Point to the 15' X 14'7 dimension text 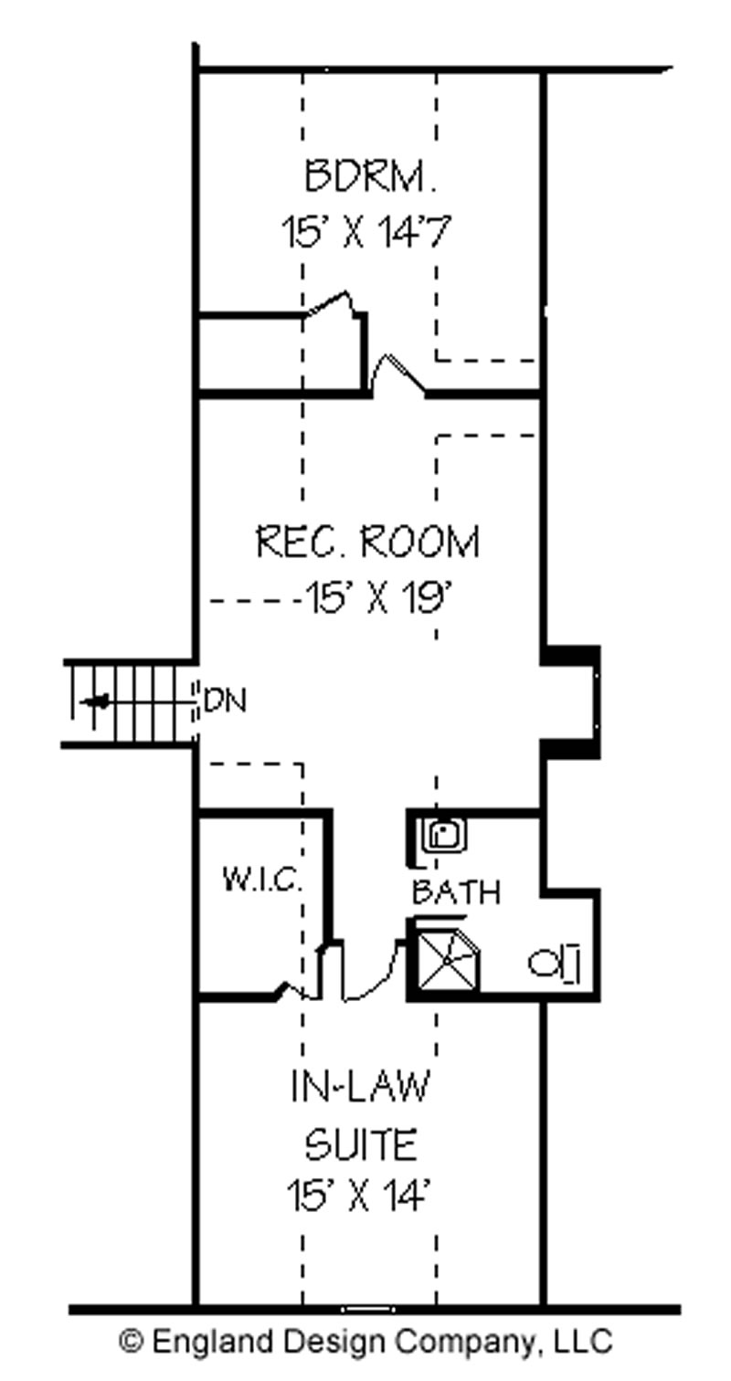point(366,232)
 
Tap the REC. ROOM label point(367,542)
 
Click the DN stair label point(225,701)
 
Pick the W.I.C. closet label point(262,880)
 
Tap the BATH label point(456,892)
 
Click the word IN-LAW point(360,1086)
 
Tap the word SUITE point(362,1144)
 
